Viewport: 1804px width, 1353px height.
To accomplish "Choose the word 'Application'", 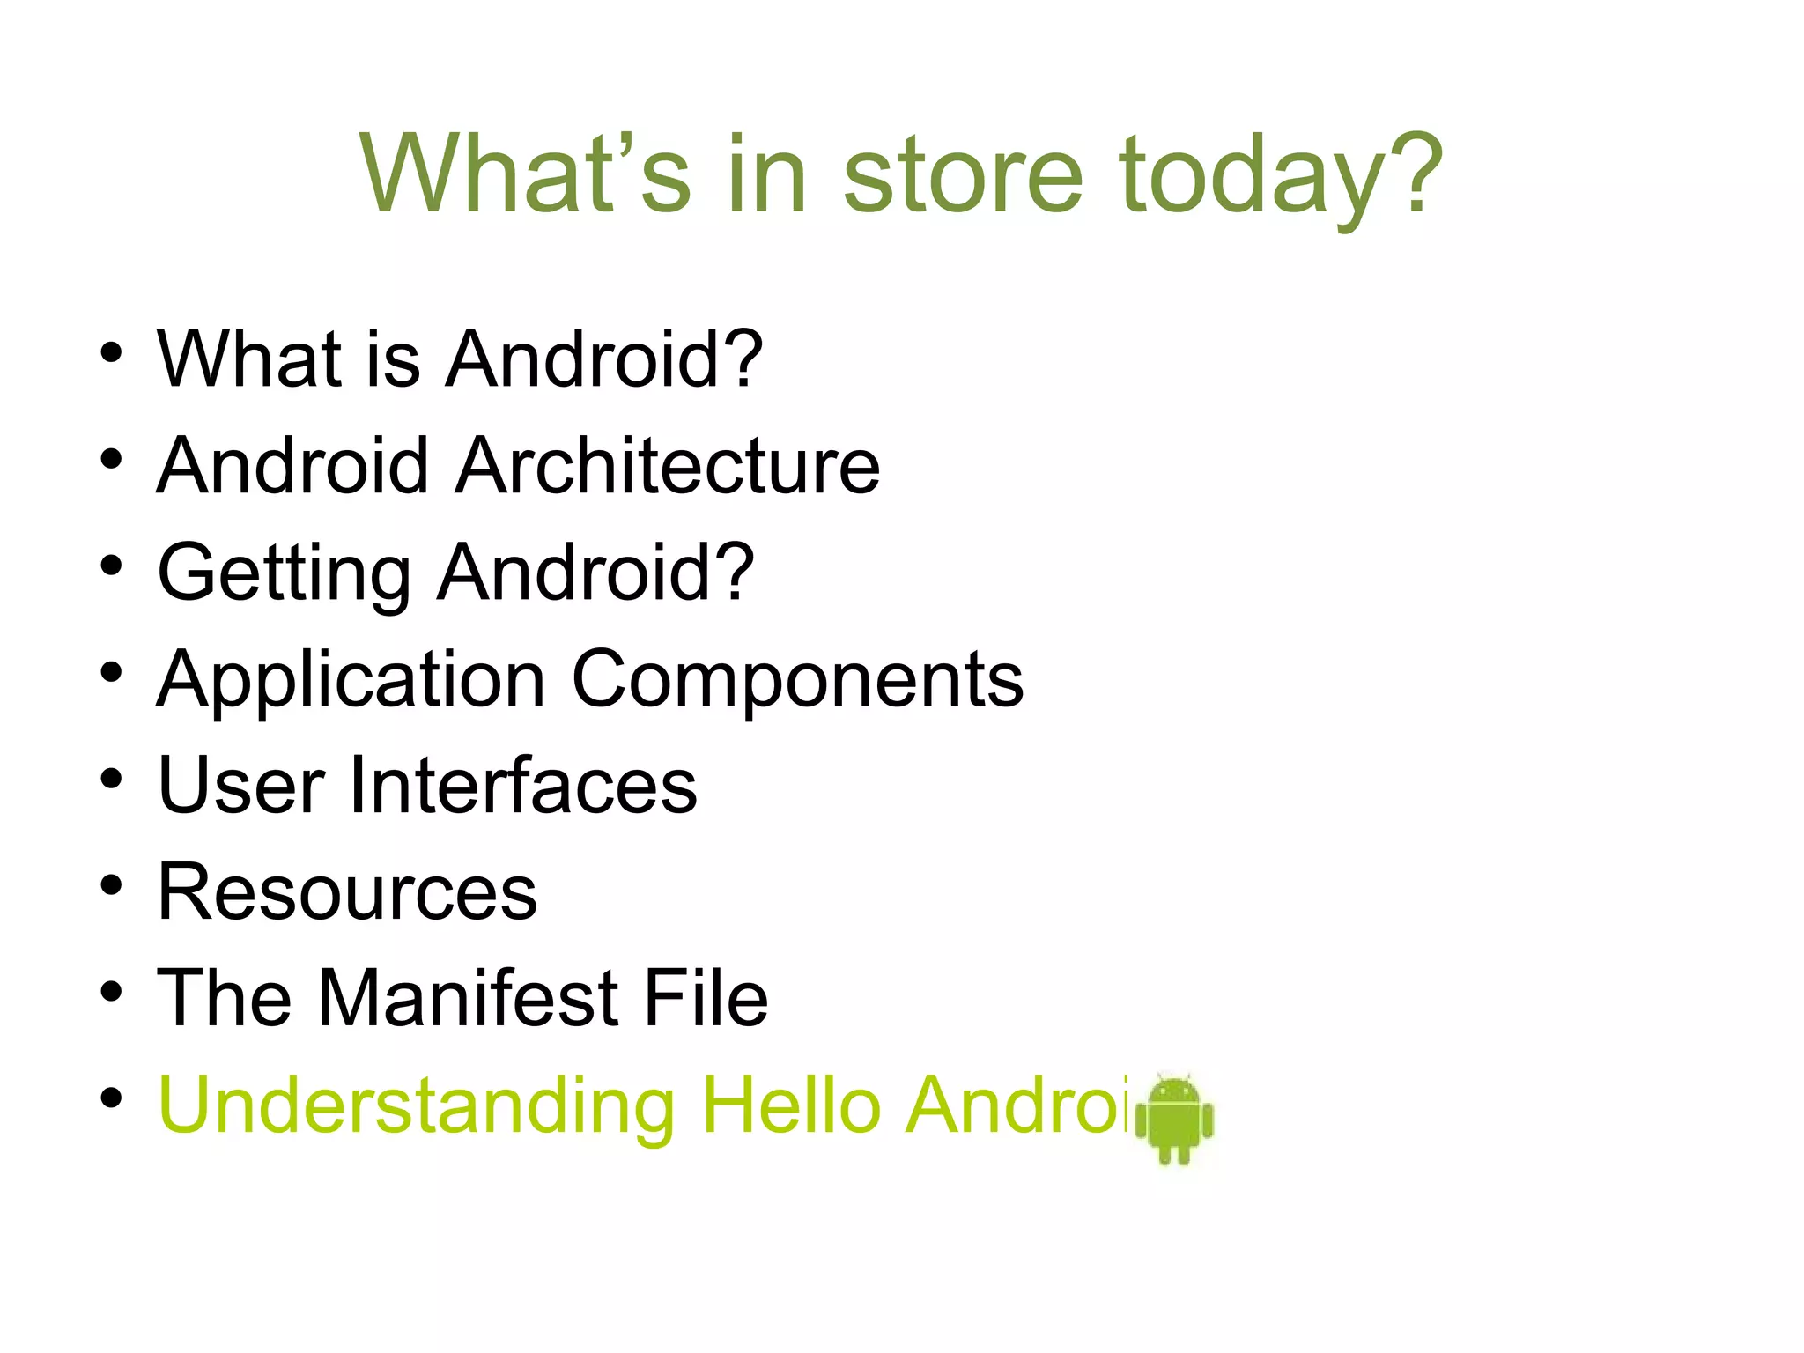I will (351, 680).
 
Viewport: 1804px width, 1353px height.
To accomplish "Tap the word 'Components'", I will (798, 680).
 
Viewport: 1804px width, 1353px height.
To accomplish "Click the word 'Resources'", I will (347, 892).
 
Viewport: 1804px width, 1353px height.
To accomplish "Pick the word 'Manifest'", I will (468, 998).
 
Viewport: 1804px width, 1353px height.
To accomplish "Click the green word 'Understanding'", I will (417, 1105).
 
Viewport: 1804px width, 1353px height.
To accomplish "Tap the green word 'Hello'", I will (791, 1105).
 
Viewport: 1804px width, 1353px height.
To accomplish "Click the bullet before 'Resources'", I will (111, 885).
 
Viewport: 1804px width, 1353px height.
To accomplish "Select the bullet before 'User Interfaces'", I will (111, 779).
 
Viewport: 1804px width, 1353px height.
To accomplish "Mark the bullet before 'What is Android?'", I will (111, 352).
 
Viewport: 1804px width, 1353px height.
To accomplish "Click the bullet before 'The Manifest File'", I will (111, 992).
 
